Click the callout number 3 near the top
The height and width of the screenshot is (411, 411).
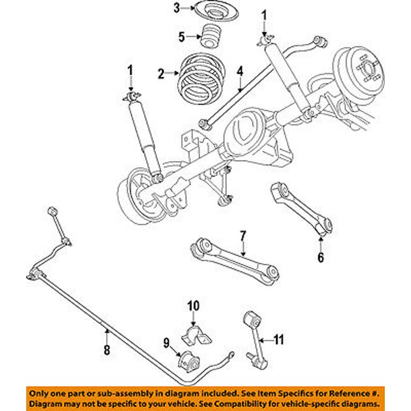[x=178, y=7]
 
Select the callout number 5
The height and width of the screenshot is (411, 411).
[x=181, y=37]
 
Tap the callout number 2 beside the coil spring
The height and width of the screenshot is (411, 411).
[x=161, y=74]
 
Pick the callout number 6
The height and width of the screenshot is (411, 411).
[x=321, y=257]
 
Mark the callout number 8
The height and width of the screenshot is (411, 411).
[x=106, y=350]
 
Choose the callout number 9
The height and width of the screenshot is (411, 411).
[x=166, y=342]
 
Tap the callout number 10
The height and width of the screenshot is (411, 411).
[x=193, y=306]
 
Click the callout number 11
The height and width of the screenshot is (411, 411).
[x=279, y=339]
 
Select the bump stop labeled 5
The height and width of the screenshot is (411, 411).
[x=211, y=38]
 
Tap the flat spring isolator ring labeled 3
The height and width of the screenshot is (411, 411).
[x=213, y=11]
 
